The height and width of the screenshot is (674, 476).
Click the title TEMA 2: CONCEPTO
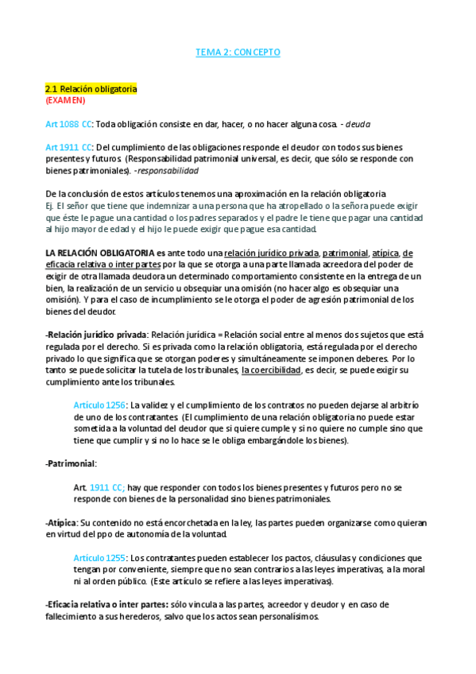[x=238, y=52]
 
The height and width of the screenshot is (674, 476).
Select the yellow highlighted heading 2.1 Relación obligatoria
[x=91, y=89]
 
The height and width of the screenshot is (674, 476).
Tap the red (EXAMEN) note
[x=65, y=101]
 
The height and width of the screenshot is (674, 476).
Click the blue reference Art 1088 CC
[x=69, y=125]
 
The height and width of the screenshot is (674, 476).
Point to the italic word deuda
[x=357, y=125]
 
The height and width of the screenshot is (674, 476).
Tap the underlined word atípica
[x=381, y=253]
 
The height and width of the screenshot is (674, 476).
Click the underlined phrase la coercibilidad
[x=271, y=370]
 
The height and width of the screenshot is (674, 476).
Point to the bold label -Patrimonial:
[x=71, y=463]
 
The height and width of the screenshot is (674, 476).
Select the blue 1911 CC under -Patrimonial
[x=108, y=487]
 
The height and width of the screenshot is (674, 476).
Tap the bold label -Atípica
[x=61, y=523]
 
